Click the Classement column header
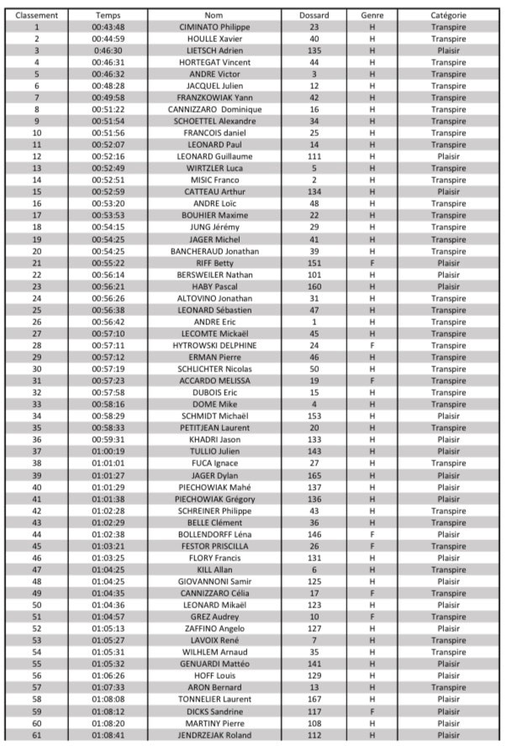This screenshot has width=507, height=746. point(37,15)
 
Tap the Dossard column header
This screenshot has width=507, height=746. point(314,15)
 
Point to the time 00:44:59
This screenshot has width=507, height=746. point(108,39)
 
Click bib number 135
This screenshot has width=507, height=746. point(314,50)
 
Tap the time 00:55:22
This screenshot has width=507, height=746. point(108,263)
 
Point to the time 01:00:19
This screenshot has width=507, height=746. point(108,451)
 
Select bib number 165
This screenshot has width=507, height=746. point(314,475)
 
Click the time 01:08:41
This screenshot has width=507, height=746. point(108,734)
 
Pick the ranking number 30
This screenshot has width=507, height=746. point(37,369)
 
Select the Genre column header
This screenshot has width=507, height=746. point(372,15)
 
